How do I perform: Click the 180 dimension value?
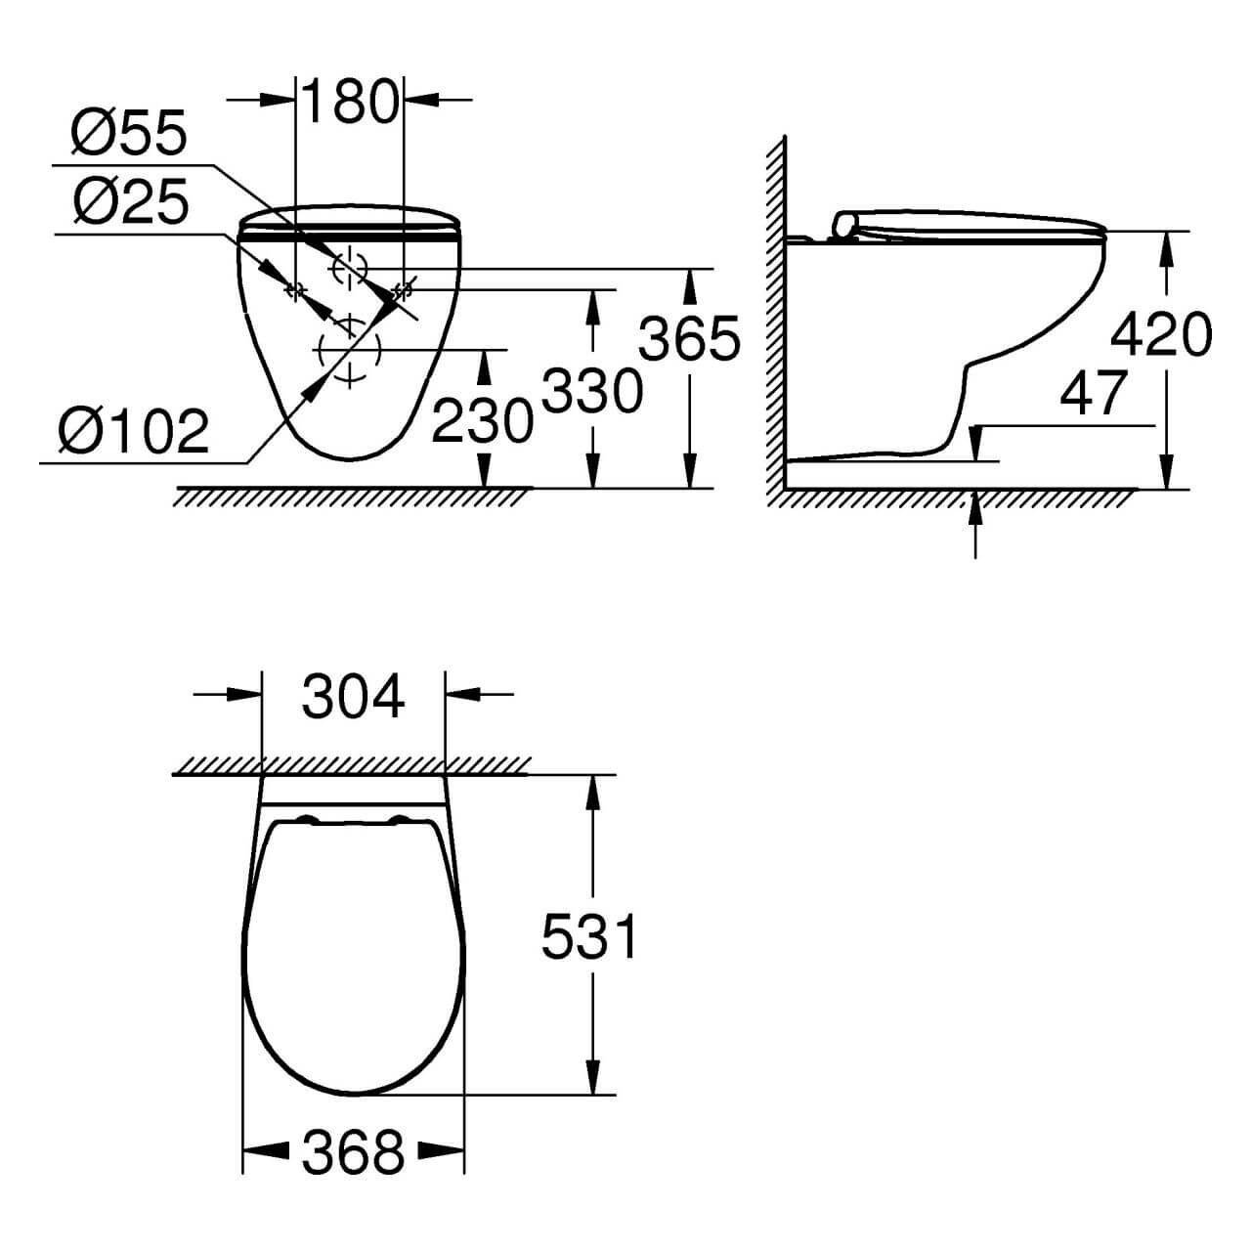[x=350, y=102]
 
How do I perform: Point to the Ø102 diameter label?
[x=134, y=430]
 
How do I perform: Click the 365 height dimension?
[x=689, y=339]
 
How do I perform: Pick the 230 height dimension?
[x=483, y=421]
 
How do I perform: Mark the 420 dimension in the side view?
[x=1161, y=334]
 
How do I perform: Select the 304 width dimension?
[x=353, y=698]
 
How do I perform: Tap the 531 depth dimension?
[x=589, y=937]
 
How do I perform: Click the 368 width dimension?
[x=353, y=1152]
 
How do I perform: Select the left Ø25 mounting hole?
[x=294, y=290]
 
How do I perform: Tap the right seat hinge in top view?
[x=400, y=820]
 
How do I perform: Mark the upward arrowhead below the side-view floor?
[x=974, y=508]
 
